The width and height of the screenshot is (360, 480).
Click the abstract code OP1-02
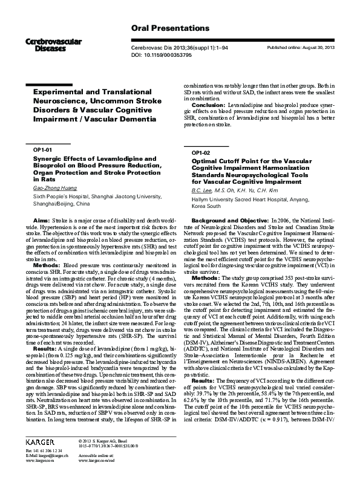coord(200,154)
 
